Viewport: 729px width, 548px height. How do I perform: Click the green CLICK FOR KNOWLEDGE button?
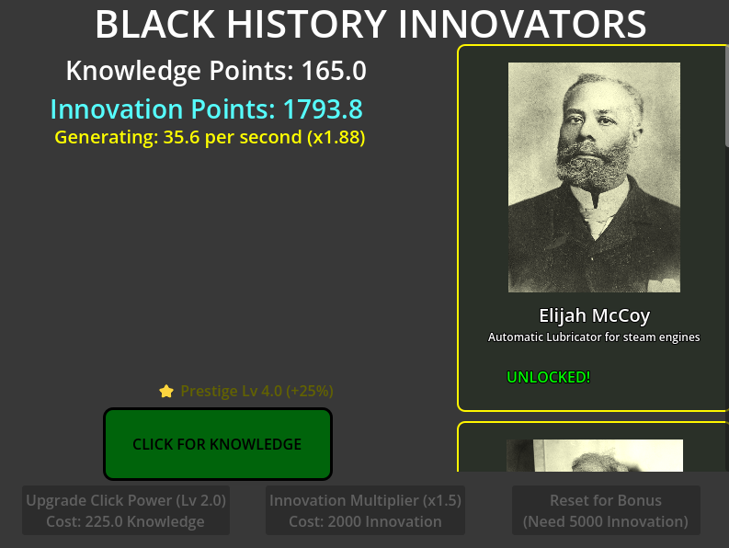click(217, 444)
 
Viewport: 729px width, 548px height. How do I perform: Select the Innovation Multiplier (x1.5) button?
click(365, 511)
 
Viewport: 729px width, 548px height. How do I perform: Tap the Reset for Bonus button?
click(606, 511)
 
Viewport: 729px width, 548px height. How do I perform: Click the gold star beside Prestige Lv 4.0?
click(166, 391)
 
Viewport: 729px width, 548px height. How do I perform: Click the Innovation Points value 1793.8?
click(322, 109)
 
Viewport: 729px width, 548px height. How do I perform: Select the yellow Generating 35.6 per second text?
click(210, 138)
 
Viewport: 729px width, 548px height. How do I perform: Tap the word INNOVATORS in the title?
click(523, 24)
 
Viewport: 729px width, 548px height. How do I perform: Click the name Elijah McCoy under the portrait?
click(594, 315)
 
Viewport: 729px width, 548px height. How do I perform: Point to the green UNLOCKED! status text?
click(549, 377)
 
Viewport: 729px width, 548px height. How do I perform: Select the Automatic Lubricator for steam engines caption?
click(594, 337)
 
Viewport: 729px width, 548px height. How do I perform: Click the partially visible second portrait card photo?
click(594, 456)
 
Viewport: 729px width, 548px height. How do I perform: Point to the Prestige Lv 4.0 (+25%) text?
click(256, 391)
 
